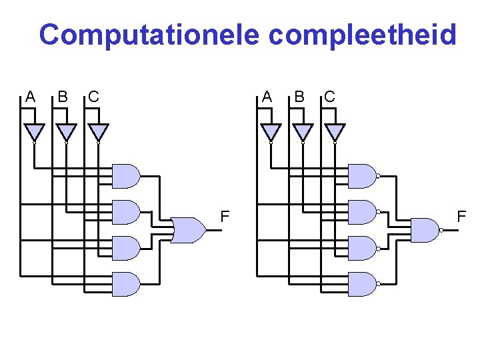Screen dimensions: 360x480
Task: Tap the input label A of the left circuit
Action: (x=30, y=97)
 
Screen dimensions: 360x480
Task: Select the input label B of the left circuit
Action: (x=62, y=97)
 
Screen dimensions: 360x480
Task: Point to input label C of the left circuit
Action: (x=94, y=97)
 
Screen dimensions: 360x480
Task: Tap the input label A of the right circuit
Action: (x=267, y=97)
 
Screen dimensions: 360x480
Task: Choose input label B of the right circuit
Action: (x=299, y=97)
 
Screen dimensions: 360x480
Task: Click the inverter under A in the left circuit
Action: (x=34, y=131)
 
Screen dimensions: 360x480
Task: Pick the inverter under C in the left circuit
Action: (x=98, y=131)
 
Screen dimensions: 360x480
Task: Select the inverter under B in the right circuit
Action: (x=303, y=131)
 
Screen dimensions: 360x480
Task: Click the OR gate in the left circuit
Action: (x=189, y=230)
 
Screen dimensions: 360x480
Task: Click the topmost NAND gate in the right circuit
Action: (x=362, y=176)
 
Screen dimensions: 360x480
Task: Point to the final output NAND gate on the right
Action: (x=425, y=230)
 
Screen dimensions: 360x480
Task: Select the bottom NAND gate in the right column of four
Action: (x=362, y=284)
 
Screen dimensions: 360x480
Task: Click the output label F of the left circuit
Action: (x=225, y=216)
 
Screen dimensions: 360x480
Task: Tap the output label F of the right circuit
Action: (x=461, y=216)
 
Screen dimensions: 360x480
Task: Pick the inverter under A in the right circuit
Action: (x=271, y=131)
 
